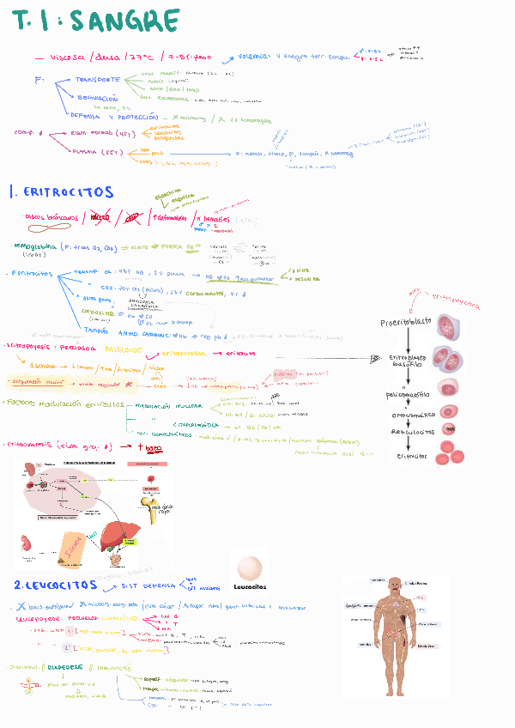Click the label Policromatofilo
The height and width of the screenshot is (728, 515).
tap(404, 394)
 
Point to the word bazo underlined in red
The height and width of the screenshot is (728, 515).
tap(154, 446)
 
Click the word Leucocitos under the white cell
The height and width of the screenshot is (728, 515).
tap(249, 587)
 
